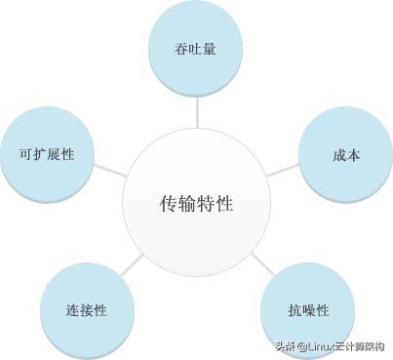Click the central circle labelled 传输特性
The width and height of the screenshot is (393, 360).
click(196, 204)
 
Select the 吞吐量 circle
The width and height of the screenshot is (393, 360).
click(195, 47)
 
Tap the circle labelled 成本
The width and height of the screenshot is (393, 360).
click(345, 155)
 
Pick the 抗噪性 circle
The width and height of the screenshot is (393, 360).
click(308, 310)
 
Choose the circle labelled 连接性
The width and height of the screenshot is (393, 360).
click(87, 310)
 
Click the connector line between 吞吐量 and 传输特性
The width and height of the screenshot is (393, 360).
click(196, 111)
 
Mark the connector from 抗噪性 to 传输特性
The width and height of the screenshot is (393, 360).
click(261, 261)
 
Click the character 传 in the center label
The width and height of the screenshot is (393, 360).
click(168, 204)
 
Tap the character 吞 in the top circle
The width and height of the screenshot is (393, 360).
click(181, 48)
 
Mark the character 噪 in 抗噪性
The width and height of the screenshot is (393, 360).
click(308, 311)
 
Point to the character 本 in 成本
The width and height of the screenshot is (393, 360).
click(353, 155)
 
